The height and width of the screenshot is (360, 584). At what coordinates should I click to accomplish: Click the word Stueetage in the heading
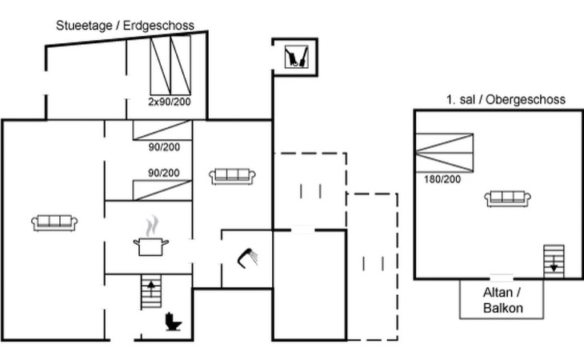coord(85,26)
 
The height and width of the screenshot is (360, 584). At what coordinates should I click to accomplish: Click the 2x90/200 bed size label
coord(170,102)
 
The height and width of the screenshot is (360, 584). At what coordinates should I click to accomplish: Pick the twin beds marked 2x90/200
coord(170,66)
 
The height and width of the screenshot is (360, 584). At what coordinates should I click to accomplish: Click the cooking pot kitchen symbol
coord(150,246)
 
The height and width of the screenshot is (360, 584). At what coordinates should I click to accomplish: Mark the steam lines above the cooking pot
coord(150,226)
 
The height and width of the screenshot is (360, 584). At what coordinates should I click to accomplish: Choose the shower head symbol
coord(247,256)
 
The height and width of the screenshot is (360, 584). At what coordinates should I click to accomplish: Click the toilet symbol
coord(173,322)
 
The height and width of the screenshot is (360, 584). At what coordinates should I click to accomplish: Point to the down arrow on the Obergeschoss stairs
coord(553,267)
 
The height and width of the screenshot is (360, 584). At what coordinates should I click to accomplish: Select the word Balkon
coord(502,308)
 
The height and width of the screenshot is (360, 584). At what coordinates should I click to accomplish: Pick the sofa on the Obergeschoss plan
coord(509,198)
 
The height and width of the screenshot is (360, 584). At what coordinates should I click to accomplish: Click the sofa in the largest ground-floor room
coord(54,222)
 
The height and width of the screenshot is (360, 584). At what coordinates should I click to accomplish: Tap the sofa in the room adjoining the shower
coord(233,175)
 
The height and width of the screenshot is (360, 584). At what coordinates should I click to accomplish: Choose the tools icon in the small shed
coord(295,57)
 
